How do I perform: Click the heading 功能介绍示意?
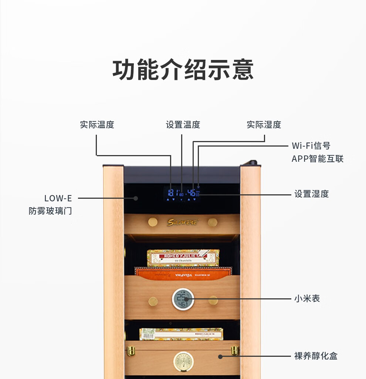point(183,70)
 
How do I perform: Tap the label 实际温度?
point(97,125)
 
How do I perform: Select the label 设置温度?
point(183,125)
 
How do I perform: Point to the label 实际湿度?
point(264,125)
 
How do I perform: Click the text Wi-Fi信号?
point(311,146)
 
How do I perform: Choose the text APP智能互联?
point(317,159)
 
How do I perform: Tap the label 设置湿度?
point(311,194)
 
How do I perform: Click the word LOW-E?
point(58,198)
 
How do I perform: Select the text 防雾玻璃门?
point(50,211)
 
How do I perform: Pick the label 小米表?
point(307,298)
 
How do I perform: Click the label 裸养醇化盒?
point(316,356)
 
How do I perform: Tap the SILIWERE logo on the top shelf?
point(183,222)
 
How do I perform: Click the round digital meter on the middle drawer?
point(183,299)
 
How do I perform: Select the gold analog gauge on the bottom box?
point(183,361)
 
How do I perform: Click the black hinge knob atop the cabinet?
point(253,162)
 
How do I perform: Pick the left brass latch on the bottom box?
point(131,351)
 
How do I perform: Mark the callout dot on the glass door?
point(136,198)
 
